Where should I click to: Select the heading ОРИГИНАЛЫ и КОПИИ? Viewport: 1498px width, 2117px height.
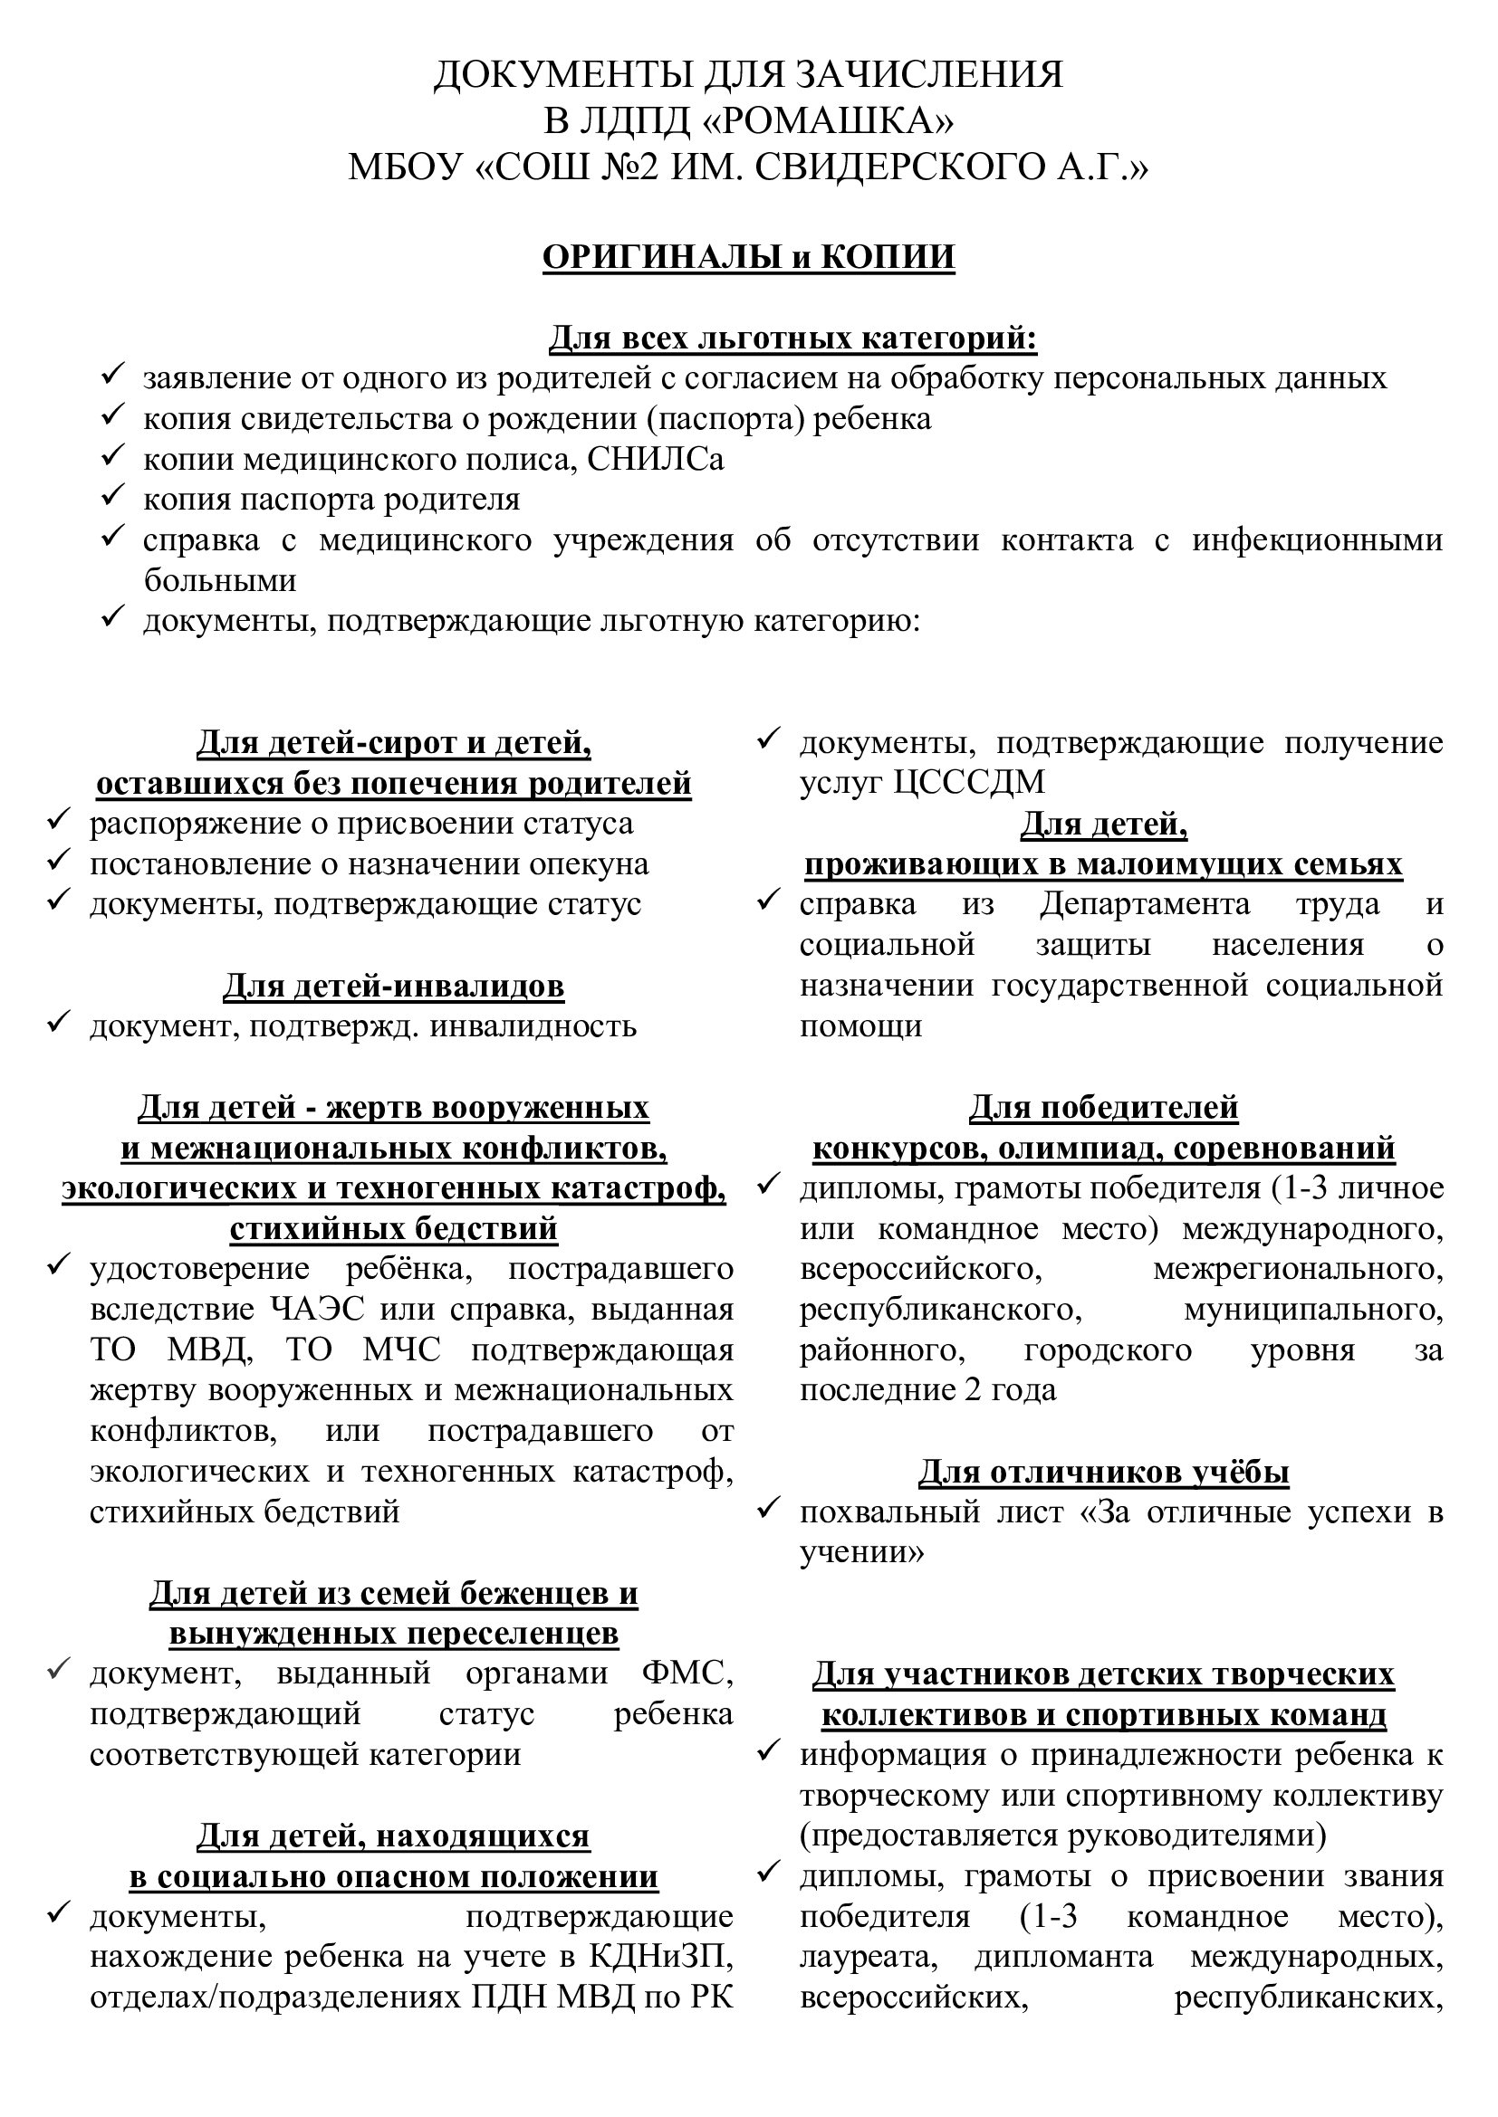tap(748, 257)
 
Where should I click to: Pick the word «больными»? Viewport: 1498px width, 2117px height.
tap(219, 581)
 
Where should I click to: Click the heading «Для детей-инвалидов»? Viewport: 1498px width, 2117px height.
tap(394, 987)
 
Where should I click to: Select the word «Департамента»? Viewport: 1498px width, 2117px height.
tap(1145, 904)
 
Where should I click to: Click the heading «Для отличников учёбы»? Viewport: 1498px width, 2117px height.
tap(1103, 1473)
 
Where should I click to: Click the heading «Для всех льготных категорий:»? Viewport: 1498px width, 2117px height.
tap(793, 339)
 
